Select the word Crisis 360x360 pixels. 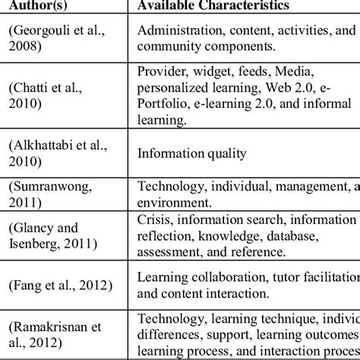point(154,222)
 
